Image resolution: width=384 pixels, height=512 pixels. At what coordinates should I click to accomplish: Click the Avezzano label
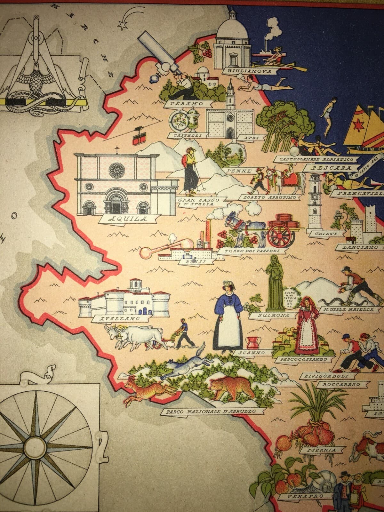(x=115, y=319)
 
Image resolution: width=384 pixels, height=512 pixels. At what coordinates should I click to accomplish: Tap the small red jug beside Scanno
(x=252, y=342)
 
